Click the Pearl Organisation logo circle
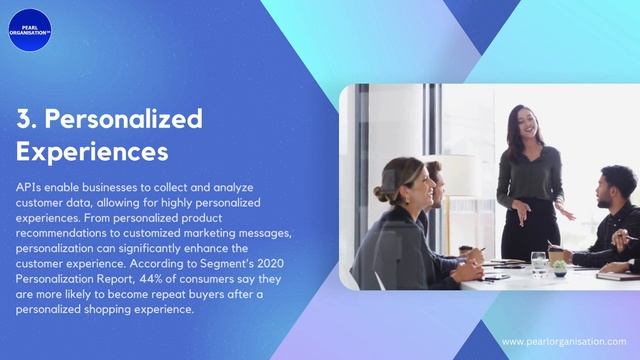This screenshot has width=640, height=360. pos(29,27)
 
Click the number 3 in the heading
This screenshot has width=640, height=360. pos(24,119)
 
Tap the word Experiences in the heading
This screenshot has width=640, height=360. pos(92,152)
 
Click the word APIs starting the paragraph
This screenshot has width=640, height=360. pos(28,187)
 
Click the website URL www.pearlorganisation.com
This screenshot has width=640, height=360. pos(563,341)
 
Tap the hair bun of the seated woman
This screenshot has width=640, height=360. pos(381,193)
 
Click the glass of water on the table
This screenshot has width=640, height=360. pos(539,263)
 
